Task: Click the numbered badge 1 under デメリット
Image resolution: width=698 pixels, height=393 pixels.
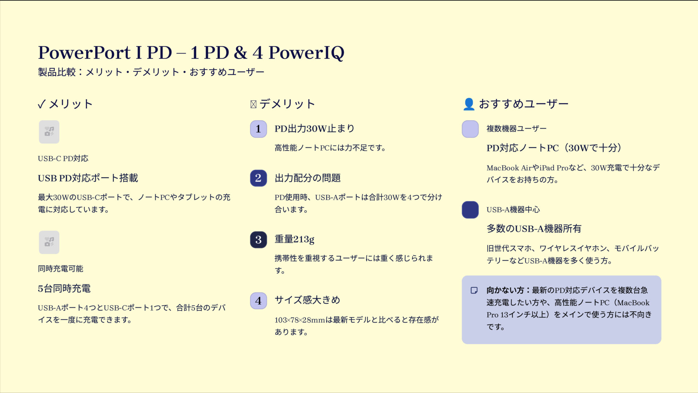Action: tap(258, 129)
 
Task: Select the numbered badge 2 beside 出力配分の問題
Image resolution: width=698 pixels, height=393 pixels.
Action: tap(258, 178)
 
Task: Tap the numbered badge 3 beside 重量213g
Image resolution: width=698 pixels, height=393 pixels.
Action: tap(258, 240)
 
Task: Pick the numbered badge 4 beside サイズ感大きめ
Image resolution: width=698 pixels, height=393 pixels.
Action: tap(258, 301)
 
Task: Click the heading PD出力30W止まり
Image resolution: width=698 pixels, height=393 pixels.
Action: tap(314, 129)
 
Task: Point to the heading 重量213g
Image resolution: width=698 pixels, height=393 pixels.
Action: tap(294, 239)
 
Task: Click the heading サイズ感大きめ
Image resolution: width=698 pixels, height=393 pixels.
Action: tap(307, 300)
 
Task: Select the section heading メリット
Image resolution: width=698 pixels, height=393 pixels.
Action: tap(71, 104)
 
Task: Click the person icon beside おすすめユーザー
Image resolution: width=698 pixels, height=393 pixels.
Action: tap(469, 104)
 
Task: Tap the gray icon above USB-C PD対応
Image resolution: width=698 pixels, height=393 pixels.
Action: tap(49, 132)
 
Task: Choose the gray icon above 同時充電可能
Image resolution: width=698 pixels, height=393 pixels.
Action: tap(49, 242)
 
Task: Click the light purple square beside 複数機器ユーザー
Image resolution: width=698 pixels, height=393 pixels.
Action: tap(470, 129)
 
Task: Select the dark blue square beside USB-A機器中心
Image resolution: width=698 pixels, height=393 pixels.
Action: tap(470, 210)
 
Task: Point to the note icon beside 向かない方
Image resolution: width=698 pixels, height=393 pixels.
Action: tap(474, 290)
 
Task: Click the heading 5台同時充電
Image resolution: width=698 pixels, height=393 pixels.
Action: tap(64, 288)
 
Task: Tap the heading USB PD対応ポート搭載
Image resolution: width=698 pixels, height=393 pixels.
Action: tap(88, 178)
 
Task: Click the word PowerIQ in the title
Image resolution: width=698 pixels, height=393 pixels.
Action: tap(306, 53)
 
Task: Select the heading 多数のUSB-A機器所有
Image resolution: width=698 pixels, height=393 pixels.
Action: tap(534, 228)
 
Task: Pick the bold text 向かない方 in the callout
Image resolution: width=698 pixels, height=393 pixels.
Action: tap(505, 290)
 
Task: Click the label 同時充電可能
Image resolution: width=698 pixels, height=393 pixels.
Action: tap(60, 269)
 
